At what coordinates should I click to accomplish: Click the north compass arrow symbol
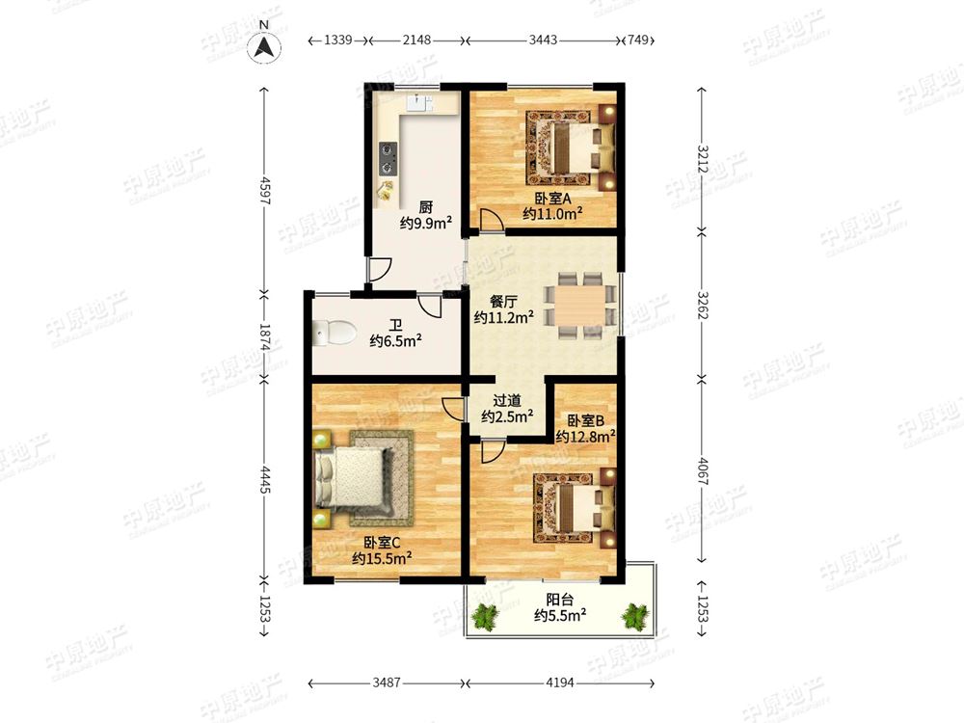pyautogui.click(x=264, y=46)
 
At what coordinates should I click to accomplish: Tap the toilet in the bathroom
pyautogui.click(x=335, y=333)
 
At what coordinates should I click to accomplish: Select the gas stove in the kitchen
pyautogui.click(x=388, y=159)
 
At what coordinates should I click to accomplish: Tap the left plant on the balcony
pyautogui.click(x=487, y=617)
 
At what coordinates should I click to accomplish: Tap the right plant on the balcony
pyautogui.click(x=635, y=617)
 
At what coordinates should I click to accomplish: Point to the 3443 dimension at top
pyautogui.click(x=544, y=40)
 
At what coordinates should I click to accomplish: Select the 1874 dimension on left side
pyautogui.click(x=265, y=337)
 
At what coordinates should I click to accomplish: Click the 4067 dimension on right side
pyautogui.click(x=703, y=472)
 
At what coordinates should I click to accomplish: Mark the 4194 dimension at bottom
pyautogui.click(x=559, y=683)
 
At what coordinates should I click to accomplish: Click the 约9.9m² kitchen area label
pyautogui.click(x=426, y=223)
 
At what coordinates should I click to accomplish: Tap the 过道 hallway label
pyautogui.click(x=507, y=401)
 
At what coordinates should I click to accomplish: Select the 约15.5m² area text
pyautogui.click(x=382, y=558)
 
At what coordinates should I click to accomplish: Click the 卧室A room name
pyautogui.click(x=552, y=199)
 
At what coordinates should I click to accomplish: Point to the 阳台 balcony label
pyautogui.click(x=559, y=599)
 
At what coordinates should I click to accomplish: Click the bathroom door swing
pyautogui.click(x=430, y=307)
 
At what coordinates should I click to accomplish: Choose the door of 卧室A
pyautogui.click(x=492, y=220)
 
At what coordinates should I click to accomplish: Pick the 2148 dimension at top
pyautogui.click(x=416, y=40)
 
